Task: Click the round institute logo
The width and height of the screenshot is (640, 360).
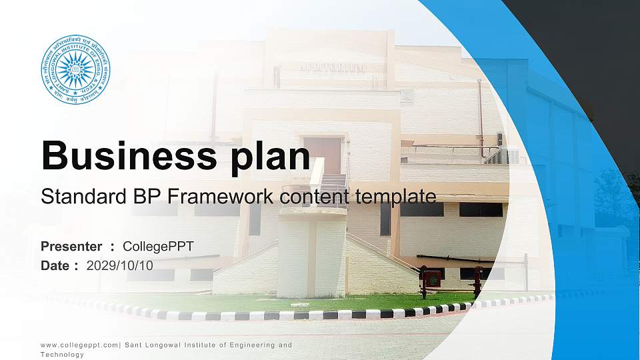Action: pyautogui.click(x=75, y=70)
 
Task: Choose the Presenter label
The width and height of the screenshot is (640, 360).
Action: pyautogui.click(x=71, y=247)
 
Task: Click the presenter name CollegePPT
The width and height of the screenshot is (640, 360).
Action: pyautogui.click(x=158, y=247)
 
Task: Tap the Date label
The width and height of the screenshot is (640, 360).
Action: pyautogui.click(x=55, y=265)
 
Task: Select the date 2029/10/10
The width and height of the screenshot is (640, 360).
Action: pyautogui.click(x=119, y=265)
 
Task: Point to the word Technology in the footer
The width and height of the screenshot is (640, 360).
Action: pyautogui.click(x=62, y=355)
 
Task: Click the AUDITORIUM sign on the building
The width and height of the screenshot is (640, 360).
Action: pyautogui.click(x=331, y=68)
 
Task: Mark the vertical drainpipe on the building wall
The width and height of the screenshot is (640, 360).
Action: pyautogui.click(x=479, y=117)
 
